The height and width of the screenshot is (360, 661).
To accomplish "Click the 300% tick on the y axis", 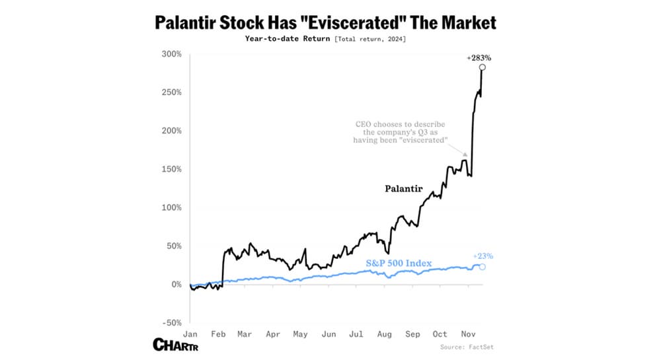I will pos(172,54).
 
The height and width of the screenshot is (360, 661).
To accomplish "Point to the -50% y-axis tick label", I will pos(171,322).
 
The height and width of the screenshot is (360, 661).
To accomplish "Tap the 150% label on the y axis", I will pos(172,169).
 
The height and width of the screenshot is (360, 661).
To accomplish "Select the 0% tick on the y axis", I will pos(176,284).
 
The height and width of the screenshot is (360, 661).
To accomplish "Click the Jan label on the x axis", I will pos(190,334).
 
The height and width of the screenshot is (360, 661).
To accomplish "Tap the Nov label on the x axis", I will pos(468,334).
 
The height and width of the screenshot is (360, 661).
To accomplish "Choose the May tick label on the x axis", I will pos(300,334).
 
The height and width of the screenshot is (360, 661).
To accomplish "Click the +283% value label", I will pos(479,58).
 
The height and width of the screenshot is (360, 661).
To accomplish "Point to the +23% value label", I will pos(483,256).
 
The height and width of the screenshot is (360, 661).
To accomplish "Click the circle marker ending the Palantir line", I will pos(483,67).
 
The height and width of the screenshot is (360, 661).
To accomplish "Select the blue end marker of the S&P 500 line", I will pos(483,267).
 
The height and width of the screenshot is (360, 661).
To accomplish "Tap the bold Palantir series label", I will pos(403,189).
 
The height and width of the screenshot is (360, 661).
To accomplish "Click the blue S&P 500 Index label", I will pos(399,264).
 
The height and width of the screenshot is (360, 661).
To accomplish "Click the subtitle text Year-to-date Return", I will pos(288,40).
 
